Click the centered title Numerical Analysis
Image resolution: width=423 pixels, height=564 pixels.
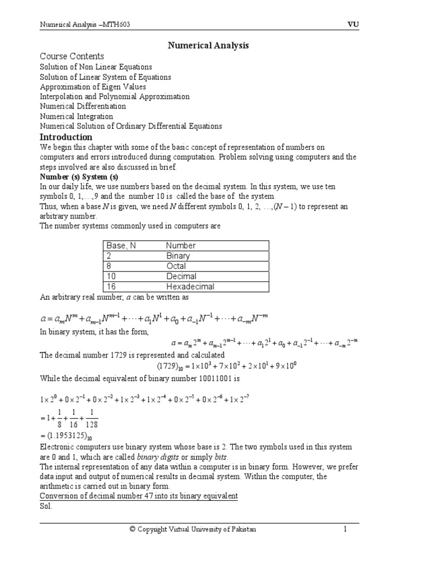(x=208, y=46)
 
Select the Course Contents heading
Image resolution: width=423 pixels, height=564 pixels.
(x=72, y=56)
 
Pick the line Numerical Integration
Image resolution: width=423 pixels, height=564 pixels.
(x=77, y=116)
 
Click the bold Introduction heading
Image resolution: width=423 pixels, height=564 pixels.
(x=66, y=137)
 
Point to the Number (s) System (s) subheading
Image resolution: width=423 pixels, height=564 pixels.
(x=79, y=177)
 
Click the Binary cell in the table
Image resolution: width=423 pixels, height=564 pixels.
(x=178, y=256)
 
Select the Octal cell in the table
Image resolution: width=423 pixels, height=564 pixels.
(x=176, y=266)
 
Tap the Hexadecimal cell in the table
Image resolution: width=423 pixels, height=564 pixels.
(x=190, y=286)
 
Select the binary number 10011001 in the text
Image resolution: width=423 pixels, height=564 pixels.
(x=216, y=379)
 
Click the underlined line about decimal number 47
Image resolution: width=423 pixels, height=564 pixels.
(x=138, y=496)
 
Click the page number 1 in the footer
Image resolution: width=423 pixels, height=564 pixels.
(x=345, y=529)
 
